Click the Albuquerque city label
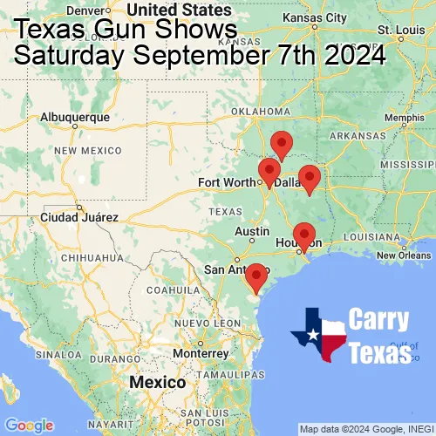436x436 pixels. point(76,116)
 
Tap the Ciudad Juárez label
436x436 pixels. point(78,216)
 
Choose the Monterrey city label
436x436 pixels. point(200,354)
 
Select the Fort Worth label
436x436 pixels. point(228,182)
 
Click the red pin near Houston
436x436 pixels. point(303,235)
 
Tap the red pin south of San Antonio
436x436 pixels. point(255,276)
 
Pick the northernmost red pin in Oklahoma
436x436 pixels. point(281,143)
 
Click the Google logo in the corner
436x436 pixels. point(29,426)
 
